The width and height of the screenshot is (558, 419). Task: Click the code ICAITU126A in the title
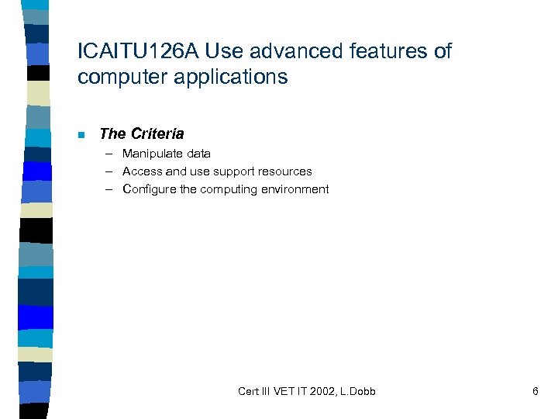click(x=133, y=52)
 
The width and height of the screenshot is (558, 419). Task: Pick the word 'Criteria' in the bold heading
click(x=157, y=134)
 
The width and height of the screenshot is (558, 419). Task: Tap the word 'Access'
click(x=142, y=171)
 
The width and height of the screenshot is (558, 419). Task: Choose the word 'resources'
click(x=284, y=171)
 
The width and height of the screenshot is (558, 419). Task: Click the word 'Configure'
click(x=149, y=189)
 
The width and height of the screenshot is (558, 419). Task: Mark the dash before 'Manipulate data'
click(x=111, y=154)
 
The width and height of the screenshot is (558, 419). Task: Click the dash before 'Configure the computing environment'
click(x=111, y=189)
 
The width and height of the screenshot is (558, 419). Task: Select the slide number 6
click(x=535, y=391)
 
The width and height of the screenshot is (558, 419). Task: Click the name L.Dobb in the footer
click(x=357, y=391)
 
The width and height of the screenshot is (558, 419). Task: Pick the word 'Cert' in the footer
click(x=249, y=391)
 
